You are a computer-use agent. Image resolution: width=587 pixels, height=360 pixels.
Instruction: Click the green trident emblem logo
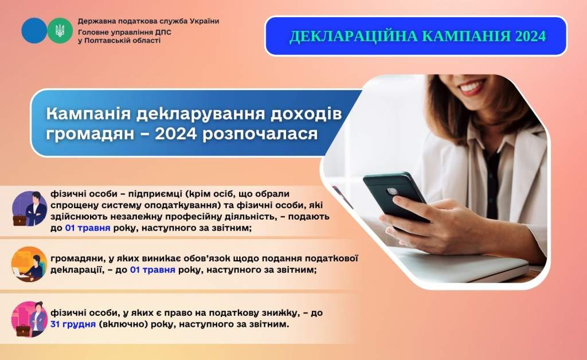click(x=60, y=31)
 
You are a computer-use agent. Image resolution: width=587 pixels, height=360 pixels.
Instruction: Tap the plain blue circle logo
click(x=34, y=31)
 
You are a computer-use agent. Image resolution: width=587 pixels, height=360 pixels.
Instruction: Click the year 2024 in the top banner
click(x=530, y=36)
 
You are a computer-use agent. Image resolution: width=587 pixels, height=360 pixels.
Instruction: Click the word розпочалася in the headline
click(x=260, y=134)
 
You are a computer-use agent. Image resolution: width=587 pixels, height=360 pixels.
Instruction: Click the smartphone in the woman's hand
click(x=396, y=198)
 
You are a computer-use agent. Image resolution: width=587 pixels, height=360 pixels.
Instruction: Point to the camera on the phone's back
click(x=392, y=191)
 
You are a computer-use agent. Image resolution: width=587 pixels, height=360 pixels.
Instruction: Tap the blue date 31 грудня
click(x=73, y=324)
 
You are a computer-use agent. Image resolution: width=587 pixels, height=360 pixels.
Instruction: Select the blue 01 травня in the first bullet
click(x=88, y=228)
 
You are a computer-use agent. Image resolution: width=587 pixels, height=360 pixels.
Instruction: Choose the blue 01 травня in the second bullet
click(x=152, y=270)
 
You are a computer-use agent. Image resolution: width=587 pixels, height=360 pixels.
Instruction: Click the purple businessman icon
click(x=30, y=209)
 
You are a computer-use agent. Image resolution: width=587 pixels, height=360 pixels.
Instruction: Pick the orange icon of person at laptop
click(x=29, y=264)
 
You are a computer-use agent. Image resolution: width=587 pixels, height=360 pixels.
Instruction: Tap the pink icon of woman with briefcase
click(x=29, y=319)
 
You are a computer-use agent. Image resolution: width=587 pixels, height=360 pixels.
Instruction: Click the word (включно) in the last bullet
click(x=123, y=324)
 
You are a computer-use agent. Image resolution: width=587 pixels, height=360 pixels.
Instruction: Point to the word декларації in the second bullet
click(x=77, y=270)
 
